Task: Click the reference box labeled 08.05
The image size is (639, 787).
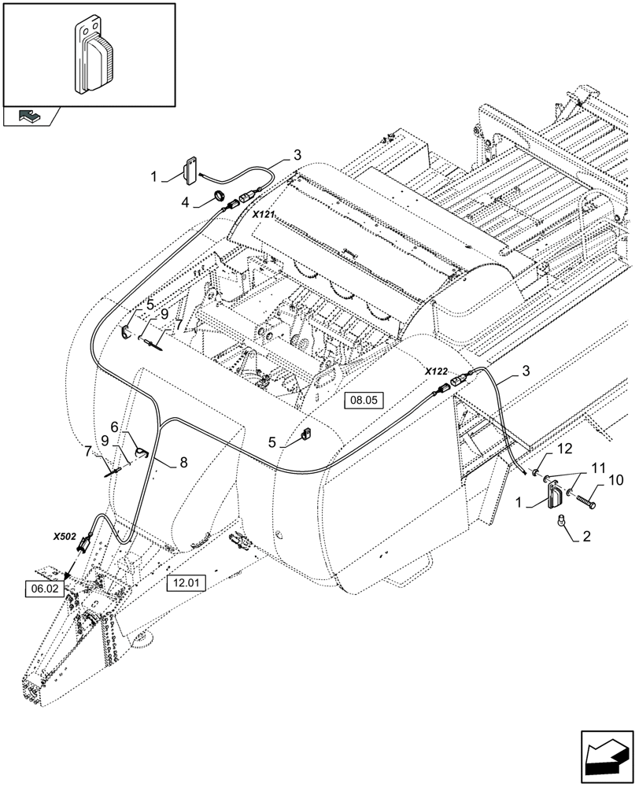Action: pos(364,400)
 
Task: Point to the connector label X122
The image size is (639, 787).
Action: pos(436,371)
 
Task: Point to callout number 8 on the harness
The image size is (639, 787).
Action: pos(183,463)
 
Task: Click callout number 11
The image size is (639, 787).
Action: pos(578,466)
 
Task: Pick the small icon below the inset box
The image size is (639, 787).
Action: pos(31,116)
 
